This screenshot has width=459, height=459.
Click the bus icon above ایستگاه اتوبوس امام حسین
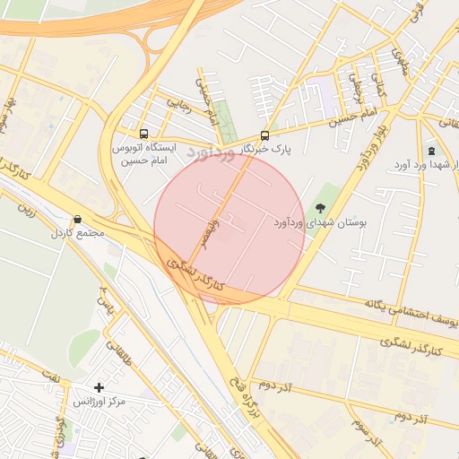[x=144, y=133]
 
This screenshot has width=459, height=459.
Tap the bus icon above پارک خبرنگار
[x=264, y=134]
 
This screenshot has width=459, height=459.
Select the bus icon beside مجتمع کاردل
[x=78, y=219]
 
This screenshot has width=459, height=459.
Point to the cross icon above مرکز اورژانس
[x=100, y=387]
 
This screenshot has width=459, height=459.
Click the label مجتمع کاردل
[x=80, y=234]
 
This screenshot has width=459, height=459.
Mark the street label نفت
[x=56, y=378]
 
